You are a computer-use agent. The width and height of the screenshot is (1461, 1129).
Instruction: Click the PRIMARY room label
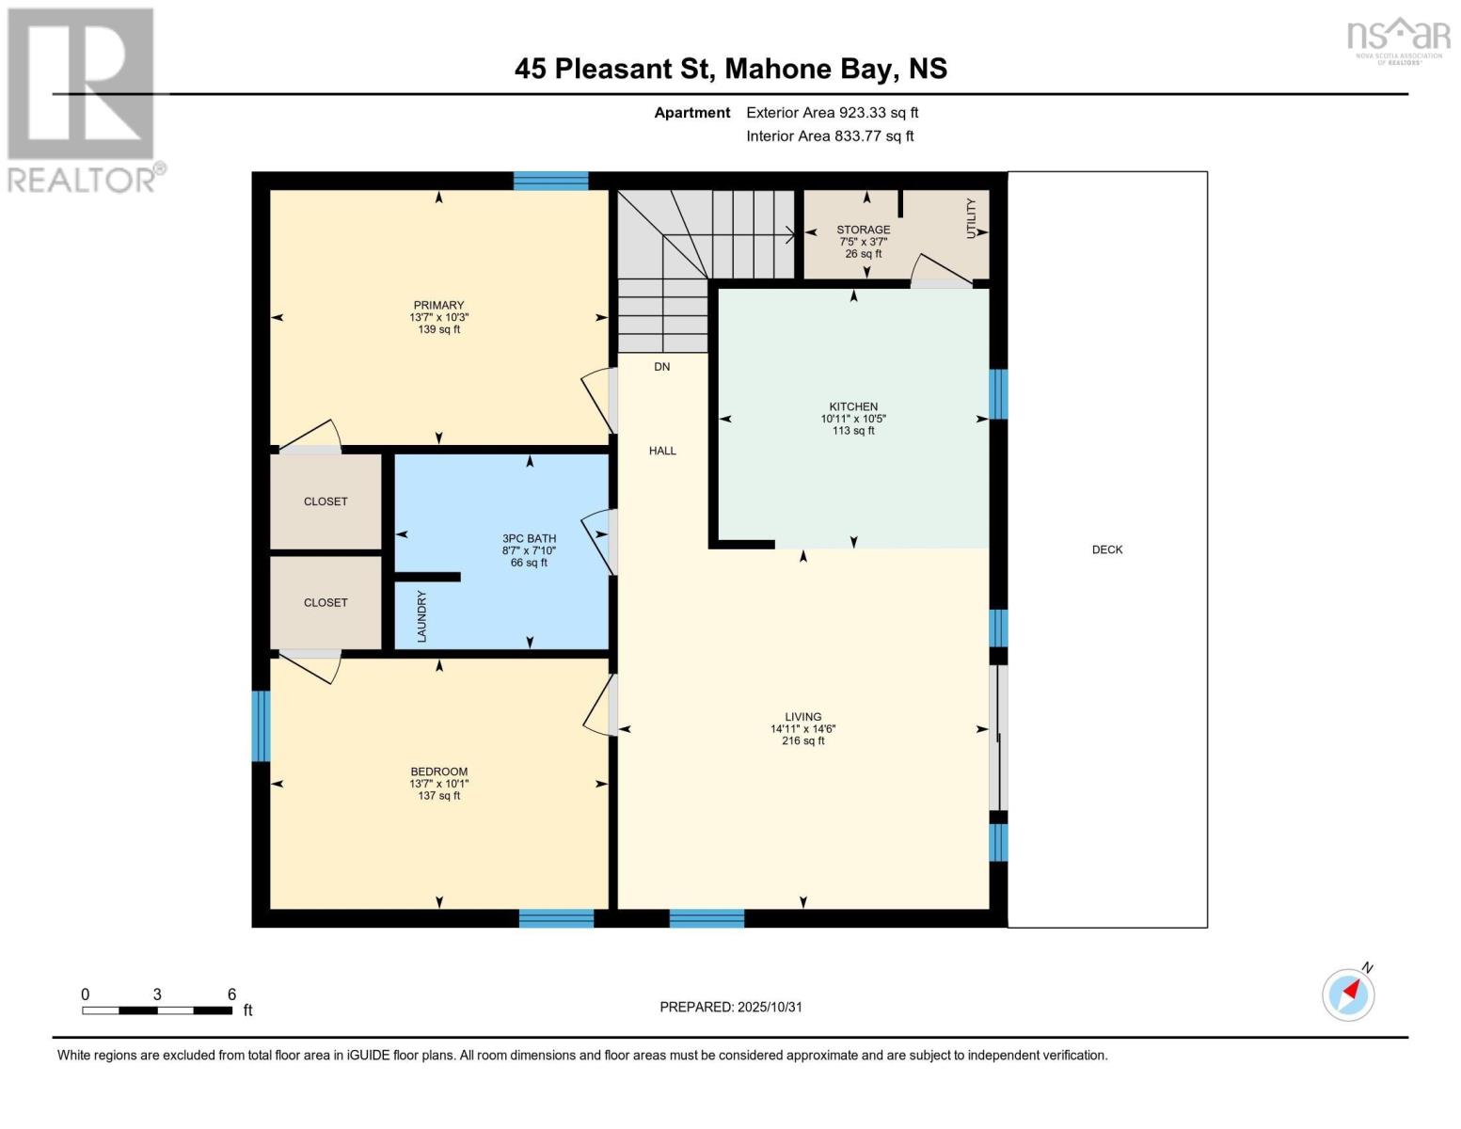point(438,305)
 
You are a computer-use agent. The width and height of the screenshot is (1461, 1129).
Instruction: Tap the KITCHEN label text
point(853,406)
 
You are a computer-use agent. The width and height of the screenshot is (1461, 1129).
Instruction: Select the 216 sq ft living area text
point(802,740)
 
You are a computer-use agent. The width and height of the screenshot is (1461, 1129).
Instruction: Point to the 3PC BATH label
point(529,538)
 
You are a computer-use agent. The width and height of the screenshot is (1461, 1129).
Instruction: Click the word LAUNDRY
point(421,616)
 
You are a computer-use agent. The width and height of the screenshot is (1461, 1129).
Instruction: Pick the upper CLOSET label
point(326,501)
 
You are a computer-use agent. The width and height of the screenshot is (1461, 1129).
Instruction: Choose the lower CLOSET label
point(326,602)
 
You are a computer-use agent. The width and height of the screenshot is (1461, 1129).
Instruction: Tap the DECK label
point(1107,549)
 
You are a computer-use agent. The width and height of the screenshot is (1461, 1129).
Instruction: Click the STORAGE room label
point(863,230)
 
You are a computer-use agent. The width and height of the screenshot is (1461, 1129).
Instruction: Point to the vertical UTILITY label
point(972,218)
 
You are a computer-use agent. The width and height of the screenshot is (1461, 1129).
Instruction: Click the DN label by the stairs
point(662,366)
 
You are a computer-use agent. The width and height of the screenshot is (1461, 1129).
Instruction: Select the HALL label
point(662,451)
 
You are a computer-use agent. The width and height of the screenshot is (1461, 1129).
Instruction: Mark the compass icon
point(1349,994)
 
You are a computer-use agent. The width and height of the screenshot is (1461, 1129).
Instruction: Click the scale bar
point(156,1010)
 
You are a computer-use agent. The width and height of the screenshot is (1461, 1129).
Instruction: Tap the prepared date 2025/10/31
point(770,1007)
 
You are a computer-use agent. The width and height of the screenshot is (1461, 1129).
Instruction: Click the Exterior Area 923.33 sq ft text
point(832,112)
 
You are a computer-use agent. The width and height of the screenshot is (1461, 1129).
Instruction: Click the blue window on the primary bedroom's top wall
point(550,181)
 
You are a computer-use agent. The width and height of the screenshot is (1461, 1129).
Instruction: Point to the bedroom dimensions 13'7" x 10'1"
point(438,784)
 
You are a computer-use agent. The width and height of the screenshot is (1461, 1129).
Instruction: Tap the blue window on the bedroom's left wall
point(261,725)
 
